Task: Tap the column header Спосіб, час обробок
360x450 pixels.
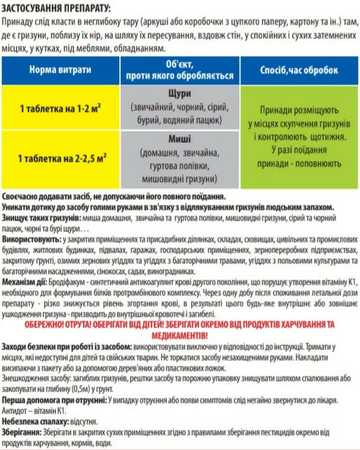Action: (x=299, y=69)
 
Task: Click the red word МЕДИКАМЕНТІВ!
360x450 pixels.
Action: (x=180, y=335)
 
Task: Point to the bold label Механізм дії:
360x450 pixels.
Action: (x=29, y=281)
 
